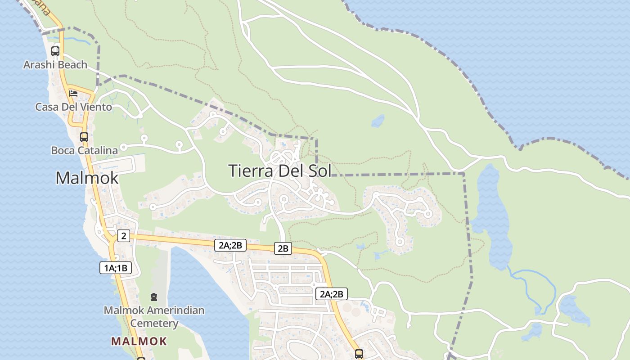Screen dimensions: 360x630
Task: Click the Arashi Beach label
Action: coord(55,65)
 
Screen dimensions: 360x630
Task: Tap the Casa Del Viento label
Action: coord(74,107)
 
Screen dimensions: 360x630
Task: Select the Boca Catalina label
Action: coord(85,150)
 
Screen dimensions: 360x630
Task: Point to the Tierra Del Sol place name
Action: coord(279,171)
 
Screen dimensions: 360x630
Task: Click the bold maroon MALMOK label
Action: coord(139,341)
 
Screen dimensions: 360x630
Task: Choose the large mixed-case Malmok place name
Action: coord(87,178)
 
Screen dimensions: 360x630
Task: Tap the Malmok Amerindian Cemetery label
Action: coord(154,317)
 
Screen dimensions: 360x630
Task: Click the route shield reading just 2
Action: coord(124,235)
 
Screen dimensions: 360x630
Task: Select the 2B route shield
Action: coord(283,248)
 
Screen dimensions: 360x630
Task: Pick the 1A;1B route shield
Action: coord(116,268)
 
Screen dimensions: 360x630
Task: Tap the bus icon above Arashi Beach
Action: coord(55,51)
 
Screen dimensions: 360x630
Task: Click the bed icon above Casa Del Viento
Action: coord(73,94)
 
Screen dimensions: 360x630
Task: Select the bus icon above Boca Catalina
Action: coord(84,137)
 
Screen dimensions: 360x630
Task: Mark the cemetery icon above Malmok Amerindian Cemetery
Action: coord(154,297)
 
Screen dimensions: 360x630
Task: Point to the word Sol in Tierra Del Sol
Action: coord(318,171)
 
